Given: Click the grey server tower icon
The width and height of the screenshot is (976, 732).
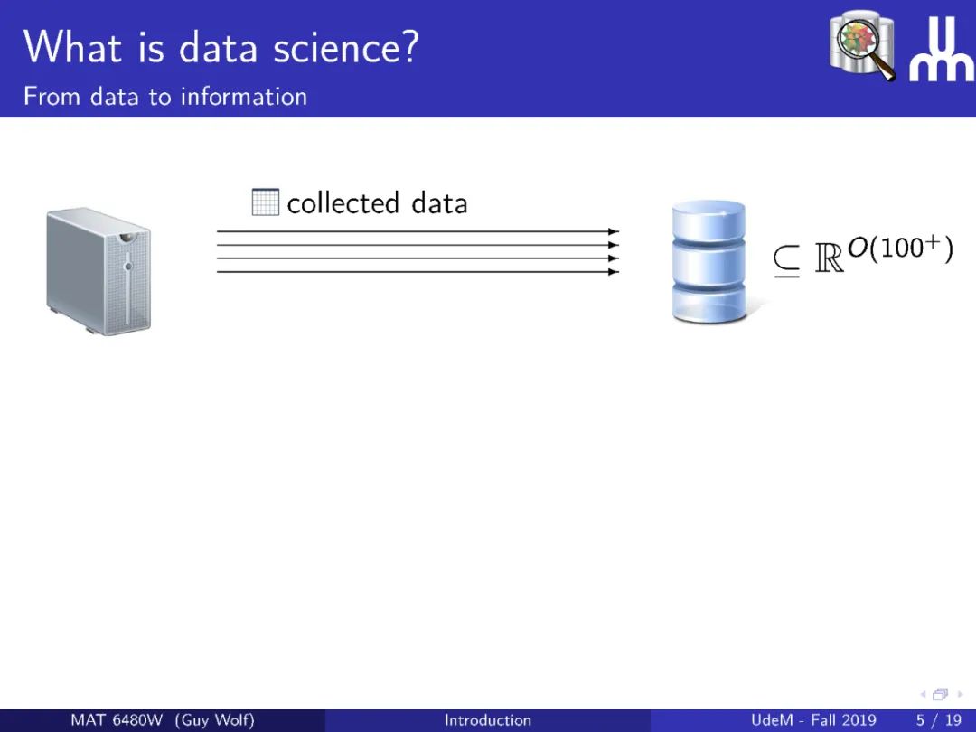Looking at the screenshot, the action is pyautogui.click(x=99, y=271).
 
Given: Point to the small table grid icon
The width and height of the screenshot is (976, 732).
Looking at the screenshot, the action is pyautogui.click(x=265, y=202).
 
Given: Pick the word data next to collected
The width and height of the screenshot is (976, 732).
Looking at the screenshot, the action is pyautogui.click(x=439, y=203).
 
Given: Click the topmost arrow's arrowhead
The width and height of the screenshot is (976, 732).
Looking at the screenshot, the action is pyautogui.click(x=613, y=231).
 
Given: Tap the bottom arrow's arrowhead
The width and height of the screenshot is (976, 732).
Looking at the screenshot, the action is pyautogui.click(x=613, y=271).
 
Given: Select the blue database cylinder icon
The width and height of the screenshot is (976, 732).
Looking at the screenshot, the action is pyautogui.click(x=709, y=261).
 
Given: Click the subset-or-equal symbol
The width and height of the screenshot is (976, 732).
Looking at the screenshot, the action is pyautogui.click(x=787, y=261).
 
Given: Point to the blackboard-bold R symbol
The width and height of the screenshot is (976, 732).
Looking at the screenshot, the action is pyautogui.click(x=829, y=257).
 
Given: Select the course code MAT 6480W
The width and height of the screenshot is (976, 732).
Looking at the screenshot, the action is pyautogui.click(x=117, y=720).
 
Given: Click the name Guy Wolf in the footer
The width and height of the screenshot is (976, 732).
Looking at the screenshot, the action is pyautogui.click(x=215, y=720).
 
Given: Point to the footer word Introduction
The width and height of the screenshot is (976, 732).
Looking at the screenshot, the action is pyautogui.click(x=488, y=720).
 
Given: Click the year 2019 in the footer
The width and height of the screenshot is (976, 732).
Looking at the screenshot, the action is pyautogui.click(x=859, y=720).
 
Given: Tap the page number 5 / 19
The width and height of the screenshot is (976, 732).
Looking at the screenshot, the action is pyautogui.click(x=939, y=720).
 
